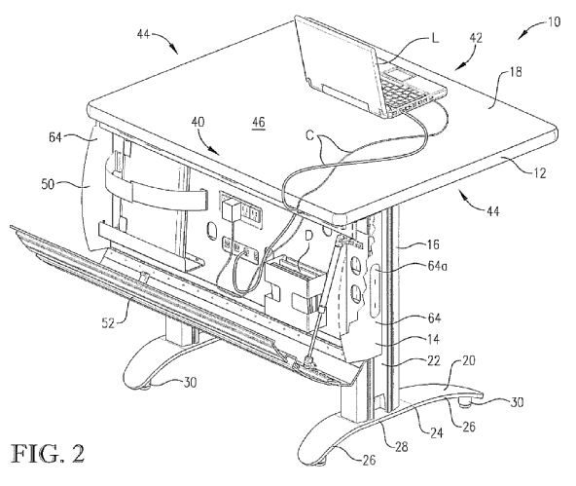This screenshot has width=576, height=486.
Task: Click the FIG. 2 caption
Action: pos(49,454)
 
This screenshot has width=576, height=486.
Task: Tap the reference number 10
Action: pos(554,22)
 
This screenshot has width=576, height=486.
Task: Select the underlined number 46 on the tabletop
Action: pos(258,123)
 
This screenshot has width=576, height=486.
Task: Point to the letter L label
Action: pos(435,38)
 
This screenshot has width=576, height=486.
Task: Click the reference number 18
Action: pos(516,72)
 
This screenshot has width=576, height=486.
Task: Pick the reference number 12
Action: pos(539,172)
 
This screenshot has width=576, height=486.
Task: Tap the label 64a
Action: pos(437,266)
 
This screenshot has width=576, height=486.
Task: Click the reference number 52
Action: pos(108,322)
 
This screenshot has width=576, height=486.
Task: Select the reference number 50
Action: pos(48,184)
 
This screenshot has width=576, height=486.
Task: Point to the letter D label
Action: pos(308,238)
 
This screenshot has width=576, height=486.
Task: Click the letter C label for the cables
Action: pos(309,136)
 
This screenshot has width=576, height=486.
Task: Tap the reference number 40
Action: pos(198,122)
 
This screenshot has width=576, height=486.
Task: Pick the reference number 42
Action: pos(476,38)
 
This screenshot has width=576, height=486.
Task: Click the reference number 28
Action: pos(402,446)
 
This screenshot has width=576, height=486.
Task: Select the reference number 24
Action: pos(436,432)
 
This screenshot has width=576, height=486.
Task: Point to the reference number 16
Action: pos(434,244)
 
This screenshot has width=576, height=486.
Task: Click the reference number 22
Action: pos(434,360)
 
